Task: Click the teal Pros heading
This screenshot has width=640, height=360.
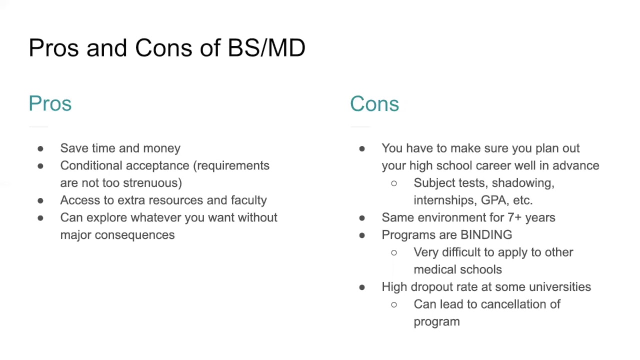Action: (50, 103)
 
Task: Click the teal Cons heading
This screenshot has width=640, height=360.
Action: (374, 103)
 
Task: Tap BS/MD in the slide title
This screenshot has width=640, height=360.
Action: (266, 48)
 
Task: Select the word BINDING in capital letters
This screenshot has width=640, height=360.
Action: (486, 235)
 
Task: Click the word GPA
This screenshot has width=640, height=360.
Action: (492, 200)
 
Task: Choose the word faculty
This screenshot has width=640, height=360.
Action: (248, 200)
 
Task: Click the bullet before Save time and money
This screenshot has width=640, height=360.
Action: (40, 148)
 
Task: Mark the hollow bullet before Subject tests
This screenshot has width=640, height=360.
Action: (394, 183)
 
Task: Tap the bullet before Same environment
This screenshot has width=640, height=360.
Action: (362, 218)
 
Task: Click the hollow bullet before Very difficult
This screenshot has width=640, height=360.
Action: (394, 252)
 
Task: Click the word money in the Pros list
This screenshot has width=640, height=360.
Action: (161, 148)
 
